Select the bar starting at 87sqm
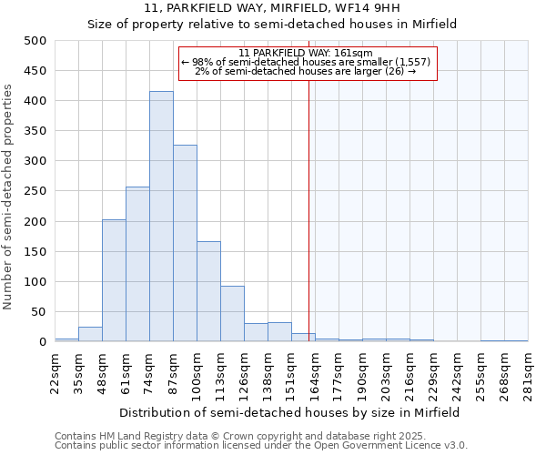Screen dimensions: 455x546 click(185, 243)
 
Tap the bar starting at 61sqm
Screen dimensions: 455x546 click(137, 264)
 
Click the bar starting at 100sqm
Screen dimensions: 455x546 click(208, 291)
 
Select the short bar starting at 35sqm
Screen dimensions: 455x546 click(90, 334)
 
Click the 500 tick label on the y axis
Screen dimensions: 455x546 click(35, 41)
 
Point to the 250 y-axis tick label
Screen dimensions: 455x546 click(35, 191)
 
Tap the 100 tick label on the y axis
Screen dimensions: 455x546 click(35, 282)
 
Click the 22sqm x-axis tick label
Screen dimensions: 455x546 click(55, 372)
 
